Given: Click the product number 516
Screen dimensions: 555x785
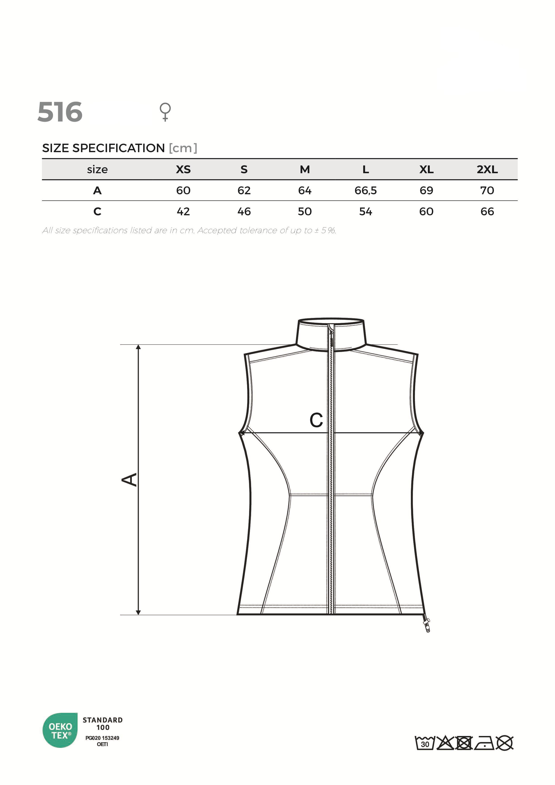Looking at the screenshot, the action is pos(60,112).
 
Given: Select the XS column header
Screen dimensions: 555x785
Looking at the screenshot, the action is pos(183,169).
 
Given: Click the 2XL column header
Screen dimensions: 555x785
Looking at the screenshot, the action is pos(487,169).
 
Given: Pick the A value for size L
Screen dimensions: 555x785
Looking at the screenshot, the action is pos(365,190).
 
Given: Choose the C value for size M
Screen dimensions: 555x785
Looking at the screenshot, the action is pos(305,212).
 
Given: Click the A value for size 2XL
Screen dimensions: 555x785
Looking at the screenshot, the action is pos(487,190).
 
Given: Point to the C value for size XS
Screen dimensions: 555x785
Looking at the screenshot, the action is pos(183,212).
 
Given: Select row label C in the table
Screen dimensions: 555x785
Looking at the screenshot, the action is pos(97,212).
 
